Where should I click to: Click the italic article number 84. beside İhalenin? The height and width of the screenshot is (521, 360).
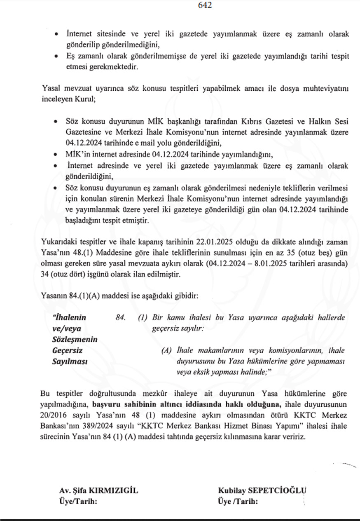[x=120, y=318]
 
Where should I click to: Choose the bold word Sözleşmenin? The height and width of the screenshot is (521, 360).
[x=75, y=340]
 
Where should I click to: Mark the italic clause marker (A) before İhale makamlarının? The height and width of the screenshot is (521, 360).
[x=166, y=351]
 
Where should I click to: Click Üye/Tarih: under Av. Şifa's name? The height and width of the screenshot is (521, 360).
[x=78, y=502]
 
